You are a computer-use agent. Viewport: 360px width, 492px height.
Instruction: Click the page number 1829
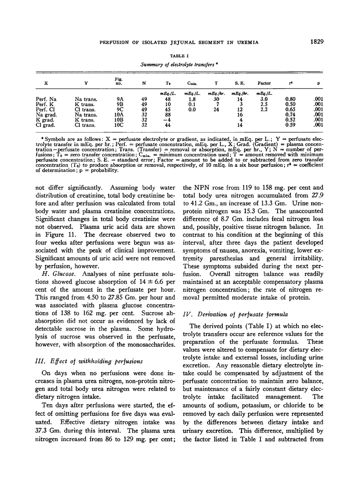click(x=317, y=42)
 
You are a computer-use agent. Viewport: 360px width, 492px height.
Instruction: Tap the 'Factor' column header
click(x=264, y=83)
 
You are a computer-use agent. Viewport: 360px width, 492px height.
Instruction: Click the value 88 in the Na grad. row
click(x=168, y=115)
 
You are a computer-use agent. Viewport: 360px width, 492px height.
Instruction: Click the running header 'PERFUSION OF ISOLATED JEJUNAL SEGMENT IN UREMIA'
click(x=179, y=42)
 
